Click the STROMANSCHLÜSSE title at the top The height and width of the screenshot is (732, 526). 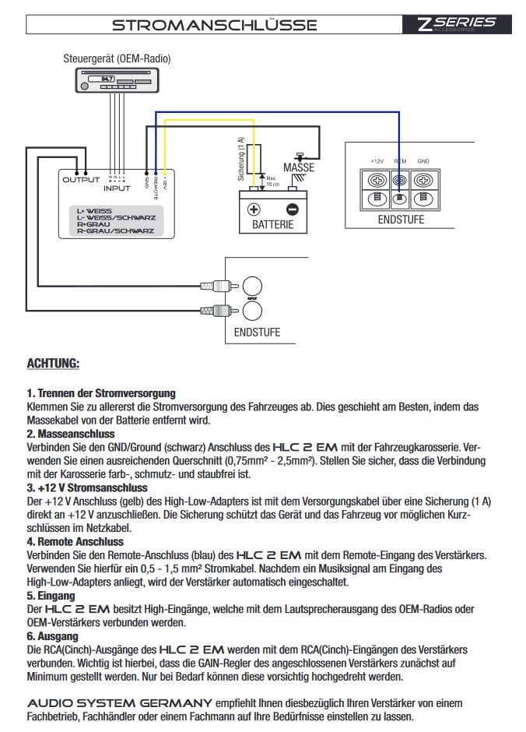click(214, 24)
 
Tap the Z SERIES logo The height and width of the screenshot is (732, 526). click(456, 23)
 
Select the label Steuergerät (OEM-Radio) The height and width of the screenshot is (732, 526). click(117, 58)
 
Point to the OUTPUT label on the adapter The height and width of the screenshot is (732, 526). click(81, 180)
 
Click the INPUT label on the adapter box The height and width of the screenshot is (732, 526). click(117, 188)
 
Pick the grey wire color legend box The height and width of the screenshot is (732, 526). click(116, 220)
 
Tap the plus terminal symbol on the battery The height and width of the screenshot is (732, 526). click(254, 209)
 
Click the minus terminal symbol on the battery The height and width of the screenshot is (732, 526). click(292, 209)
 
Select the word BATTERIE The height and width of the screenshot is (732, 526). click(272, 225)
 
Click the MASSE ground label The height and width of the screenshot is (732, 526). click(299, 167)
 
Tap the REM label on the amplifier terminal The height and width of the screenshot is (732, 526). click(400, 160)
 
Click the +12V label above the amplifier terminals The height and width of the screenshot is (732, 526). click(377, 160)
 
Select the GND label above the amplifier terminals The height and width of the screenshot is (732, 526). click(423, 160)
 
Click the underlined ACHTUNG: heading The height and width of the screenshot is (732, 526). click(53, 363)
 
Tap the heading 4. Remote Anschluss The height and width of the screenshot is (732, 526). click(75, 541)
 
